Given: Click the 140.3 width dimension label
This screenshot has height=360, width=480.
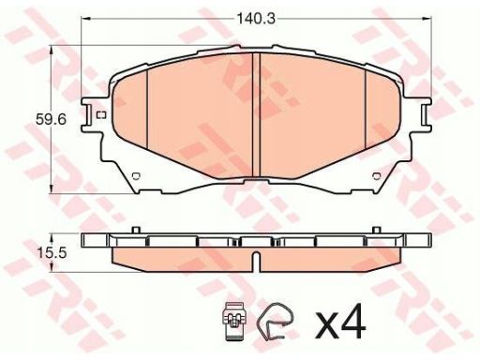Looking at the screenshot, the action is click(x=256, y=19).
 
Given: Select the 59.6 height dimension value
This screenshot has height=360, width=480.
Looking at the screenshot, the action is click(x=52, y=119).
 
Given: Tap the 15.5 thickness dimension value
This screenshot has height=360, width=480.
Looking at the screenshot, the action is click(x=52, y=252).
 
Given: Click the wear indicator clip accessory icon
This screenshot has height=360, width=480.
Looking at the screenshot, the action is click(x=233, y=321).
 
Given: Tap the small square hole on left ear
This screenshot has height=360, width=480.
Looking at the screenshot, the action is click(x=101, y=115).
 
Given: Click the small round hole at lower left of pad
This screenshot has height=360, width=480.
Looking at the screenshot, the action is click(x=137, y=176).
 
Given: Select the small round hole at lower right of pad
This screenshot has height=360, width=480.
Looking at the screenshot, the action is click(x=377, y=176).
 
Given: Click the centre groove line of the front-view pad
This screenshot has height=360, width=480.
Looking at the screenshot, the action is click(x=256, y=115).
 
